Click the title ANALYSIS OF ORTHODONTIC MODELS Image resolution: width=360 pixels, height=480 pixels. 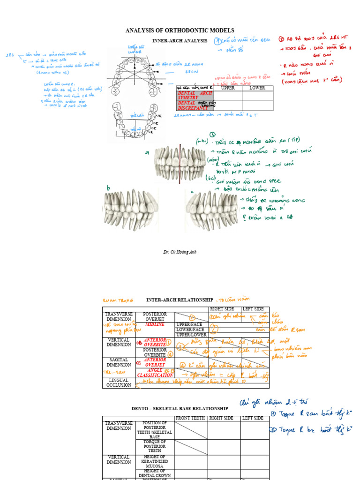coord(180,30)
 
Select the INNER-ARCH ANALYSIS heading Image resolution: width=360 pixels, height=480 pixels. coord(180,41)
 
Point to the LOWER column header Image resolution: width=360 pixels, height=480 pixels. coord(257,88)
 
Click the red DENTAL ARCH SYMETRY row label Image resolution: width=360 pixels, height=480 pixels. coord(194,95)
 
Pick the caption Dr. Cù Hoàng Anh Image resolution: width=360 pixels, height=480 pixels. coord(180,252)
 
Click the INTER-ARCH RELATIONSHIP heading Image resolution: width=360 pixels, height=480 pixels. coord(180,300)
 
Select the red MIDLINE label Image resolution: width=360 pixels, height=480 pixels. coord(155,324)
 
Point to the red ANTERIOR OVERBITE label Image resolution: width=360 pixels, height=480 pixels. coord(155,342)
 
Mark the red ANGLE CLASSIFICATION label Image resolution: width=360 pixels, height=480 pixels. coord(155,373)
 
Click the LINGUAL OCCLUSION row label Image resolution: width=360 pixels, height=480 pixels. coord(118,383)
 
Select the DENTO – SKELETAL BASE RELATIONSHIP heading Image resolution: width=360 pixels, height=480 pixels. coord(180,409)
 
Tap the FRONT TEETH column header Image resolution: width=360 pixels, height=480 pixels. coord(191,418)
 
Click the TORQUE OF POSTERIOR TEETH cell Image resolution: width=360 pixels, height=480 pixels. coord(155,446)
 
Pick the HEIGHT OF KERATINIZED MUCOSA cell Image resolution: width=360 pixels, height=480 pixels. coord(155,462)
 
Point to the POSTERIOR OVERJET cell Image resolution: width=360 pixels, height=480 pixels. coord(155,316)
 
